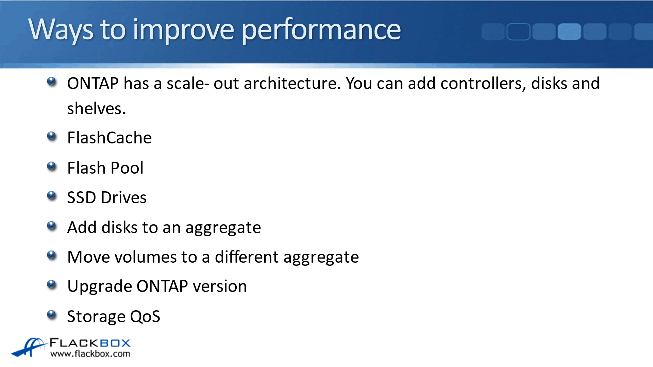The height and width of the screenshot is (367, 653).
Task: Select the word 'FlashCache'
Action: pyautogui.click(x=109, y=138)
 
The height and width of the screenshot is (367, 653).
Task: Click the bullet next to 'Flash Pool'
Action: pyautogui.click(x=52, y=166)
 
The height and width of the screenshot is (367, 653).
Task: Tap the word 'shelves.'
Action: pyautogui.click(x=96, y=108)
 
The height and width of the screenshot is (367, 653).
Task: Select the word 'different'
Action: pyautogui.click(x=247, y=257)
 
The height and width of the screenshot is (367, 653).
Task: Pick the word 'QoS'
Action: pyautogui.click(x=145, y=316)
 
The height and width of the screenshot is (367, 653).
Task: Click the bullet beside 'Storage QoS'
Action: pyautogui.click(x=52, y=315)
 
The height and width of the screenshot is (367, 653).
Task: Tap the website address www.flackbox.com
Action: pyautogui.click(x=90, y=354)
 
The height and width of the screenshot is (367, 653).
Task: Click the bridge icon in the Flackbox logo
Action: pyautogui.click(x=29, y=347)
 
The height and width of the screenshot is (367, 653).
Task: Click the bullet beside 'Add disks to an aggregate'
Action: pyautogui.click(x=52, y=226)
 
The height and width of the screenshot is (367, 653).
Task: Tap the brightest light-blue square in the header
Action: pyautogui.click(x=569, y=32)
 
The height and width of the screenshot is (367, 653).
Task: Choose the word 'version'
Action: pyautogui.click(x=220, y=286)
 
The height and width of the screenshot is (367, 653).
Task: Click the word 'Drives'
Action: pyautogui.click(x=124, y=197)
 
